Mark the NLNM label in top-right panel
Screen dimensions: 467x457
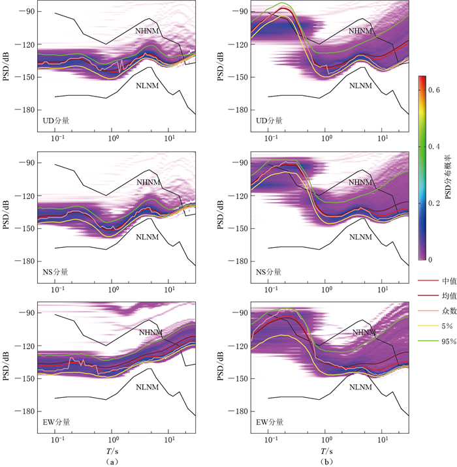pos(360,85)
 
